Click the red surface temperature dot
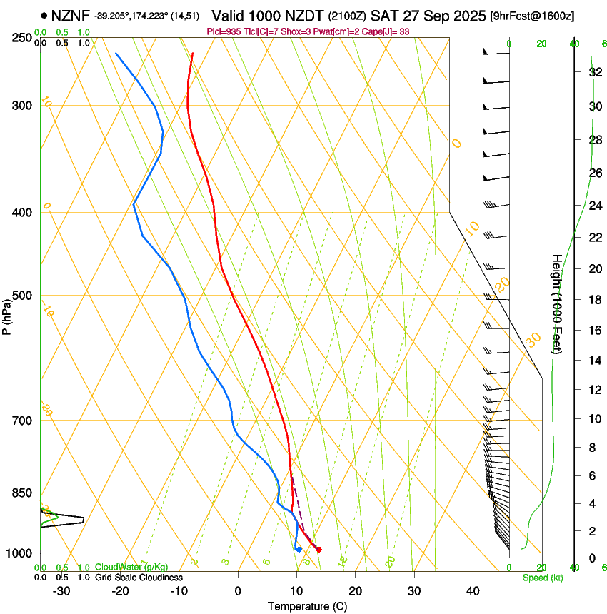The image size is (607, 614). [x=318, y=549]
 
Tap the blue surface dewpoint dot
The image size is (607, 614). [x=299, y=549]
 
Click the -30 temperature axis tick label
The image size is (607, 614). [x=61, y=591]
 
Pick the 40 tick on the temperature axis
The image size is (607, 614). [x=473, y=591]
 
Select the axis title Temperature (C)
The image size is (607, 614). [x=307, y=606]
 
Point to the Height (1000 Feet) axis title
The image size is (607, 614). [x=557, y=303]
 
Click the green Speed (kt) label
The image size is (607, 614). [x=543, y=577]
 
